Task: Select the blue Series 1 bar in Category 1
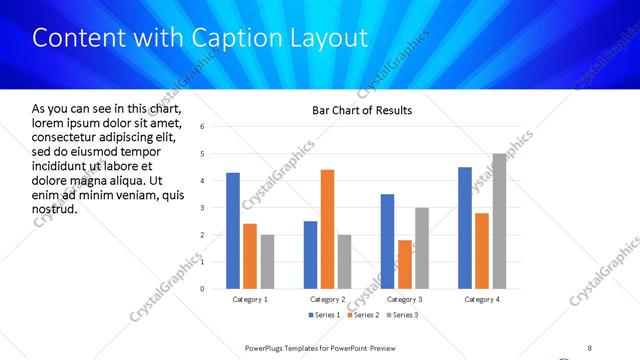233,230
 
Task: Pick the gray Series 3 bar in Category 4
499,221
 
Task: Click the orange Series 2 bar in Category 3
405,264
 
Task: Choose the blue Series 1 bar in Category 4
465,228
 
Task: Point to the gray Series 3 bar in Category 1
267,262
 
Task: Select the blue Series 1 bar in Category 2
310,255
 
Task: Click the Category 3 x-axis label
405,300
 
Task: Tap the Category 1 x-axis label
250,300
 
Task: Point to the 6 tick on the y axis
203,127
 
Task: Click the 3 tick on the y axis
203,208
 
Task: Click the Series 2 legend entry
364,316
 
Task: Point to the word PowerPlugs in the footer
266,347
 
